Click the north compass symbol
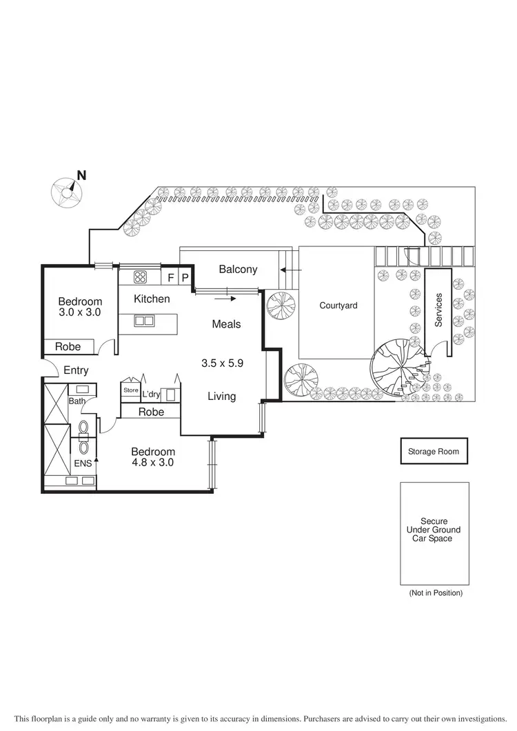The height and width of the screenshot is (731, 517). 66,192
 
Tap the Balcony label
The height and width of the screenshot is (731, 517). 238,269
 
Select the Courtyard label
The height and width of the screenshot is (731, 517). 338,305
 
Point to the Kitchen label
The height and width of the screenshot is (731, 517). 152,299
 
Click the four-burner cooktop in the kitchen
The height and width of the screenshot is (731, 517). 141,277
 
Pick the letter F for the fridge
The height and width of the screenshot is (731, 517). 171,278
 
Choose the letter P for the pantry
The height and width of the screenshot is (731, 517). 185,278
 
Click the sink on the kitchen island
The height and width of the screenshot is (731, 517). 144,321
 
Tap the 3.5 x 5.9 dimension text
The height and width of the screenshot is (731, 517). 222,363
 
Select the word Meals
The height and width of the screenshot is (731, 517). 226,323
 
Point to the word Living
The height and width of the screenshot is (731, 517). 222,396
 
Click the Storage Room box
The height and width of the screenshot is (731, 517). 434,452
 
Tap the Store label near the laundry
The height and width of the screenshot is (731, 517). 130,390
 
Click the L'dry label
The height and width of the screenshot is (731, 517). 151,394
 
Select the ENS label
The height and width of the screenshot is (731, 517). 83,463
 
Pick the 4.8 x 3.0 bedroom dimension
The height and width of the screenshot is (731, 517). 153,463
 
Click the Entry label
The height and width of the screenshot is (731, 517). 76,370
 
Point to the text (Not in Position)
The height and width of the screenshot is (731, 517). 435,592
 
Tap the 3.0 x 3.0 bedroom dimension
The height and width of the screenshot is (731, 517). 80,312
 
